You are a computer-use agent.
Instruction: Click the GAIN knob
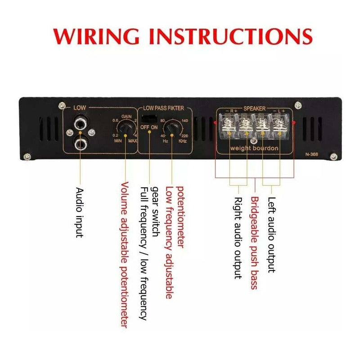pyautogui.click(x=126, y=130)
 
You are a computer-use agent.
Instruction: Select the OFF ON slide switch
pyautogui.click(x=148, y=119)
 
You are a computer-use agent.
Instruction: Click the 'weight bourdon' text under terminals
pyautogui.click(x=254, y=148)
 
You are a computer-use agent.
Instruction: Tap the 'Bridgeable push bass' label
pyautogui.click(x=254, y=243)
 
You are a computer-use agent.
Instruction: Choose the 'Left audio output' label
pyautogui.click(x=270, y=234)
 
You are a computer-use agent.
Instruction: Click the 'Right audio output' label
pyautogui.click(x=238, y=238)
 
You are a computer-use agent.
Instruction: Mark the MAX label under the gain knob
pyautogui.click(x=132, y=140)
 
